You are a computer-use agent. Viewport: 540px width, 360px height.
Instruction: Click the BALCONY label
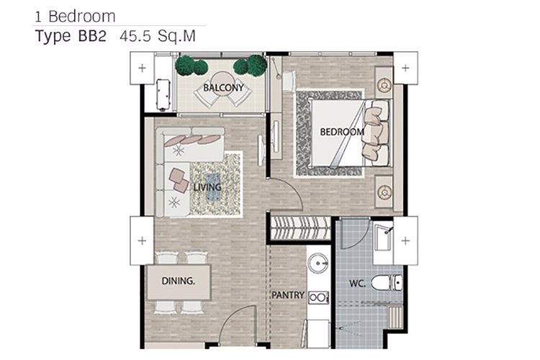222,88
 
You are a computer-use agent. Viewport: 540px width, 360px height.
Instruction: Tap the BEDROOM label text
341,132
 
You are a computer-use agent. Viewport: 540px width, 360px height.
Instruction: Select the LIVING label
207,186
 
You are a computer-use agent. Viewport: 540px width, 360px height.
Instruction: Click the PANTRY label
288,295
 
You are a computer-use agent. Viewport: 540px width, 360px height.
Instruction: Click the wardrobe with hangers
301,229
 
